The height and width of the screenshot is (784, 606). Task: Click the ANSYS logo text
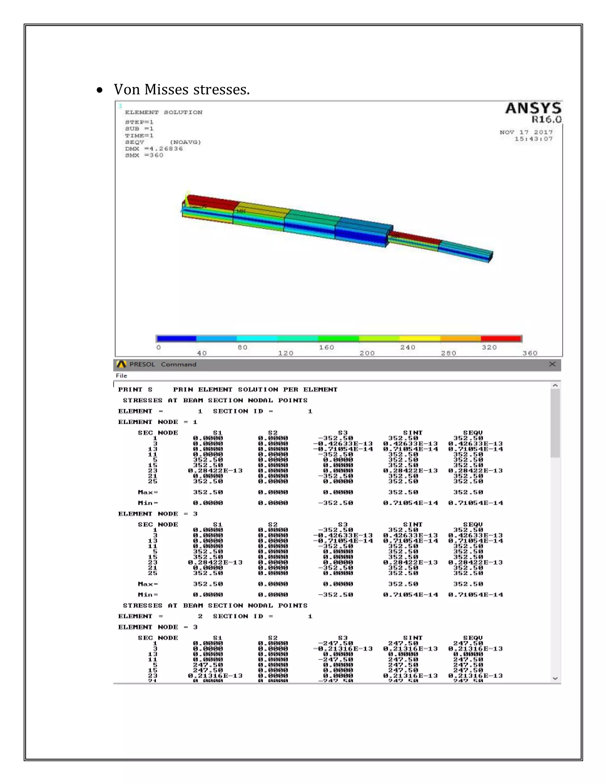point(533,108)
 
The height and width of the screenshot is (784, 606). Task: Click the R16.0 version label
point(547,120)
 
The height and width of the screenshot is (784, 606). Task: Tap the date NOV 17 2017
point(526,132)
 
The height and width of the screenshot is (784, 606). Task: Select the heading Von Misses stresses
point(182,89)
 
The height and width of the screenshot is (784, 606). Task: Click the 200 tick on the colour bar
point(367,353)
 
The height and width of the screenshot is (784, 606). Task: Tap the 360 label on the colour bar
point(530,353)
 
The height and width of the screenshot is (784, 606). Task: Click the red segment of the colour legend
point(501,338)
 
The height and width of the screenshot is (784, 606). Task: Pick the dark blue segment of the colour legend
point(177,338)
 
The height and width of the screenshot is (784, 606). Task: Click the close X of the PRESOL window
point(552,364)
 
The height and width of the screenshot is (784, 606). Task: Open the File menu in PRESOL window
point(121,375)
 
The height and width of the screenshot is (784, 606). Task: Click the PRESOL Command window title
point(163,364)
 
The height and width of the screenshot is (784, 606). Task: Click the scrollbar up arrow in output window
point(555,385)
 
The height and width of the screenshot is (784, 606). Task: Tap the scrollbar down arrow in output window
point(555,678)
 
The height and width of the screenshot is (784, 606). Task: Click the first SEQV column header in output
point(473,433)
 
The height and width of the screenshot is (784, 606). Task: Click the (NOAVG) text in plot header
point(185,142)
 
